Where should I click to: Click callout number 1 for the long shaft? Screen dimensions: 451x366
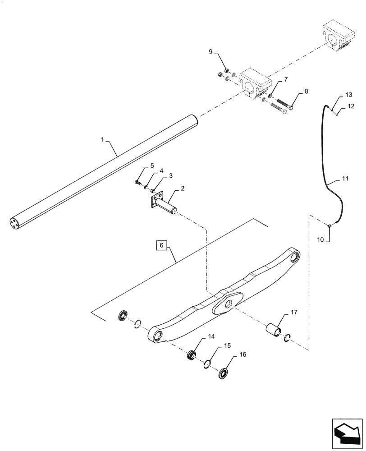click(x=102, y=141)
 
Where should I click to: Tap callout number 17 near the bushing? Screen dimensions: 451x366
click(x=293, y=312)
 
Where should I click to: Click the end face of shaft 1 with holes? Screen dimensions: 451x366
click(x=14, y=223)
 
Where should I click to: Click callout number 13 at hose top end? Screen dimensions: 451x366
click(x=348, y=95)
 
